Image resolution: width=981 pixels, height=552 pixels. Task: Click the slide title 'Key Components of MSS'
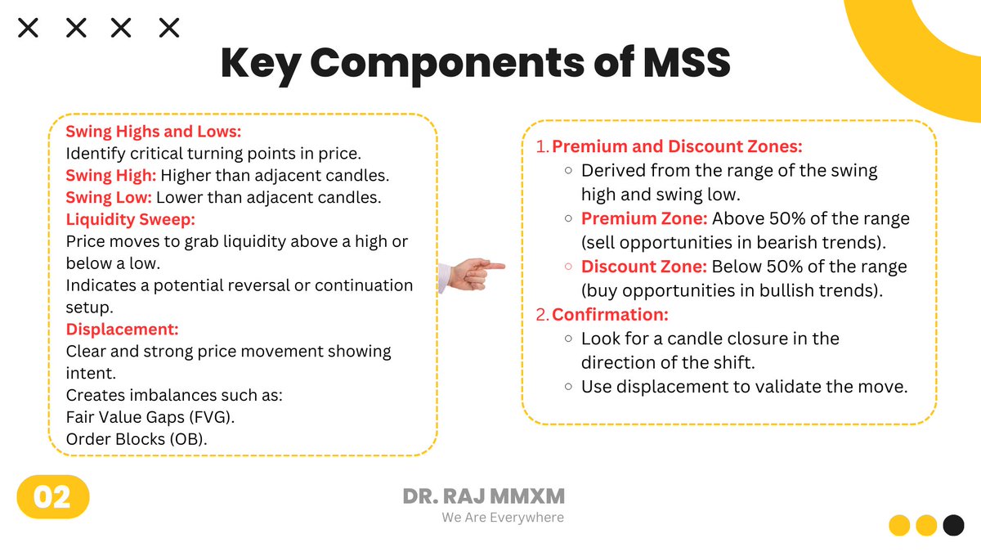point(475,63)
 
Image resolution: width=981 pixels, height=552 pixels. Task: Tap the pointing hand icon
point(472,272)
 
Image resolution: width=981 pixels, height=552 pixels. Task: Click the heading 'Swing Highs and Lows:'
point(154,132)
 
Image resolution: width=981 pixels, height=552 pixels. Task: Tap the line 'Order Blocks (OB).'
point(137,439)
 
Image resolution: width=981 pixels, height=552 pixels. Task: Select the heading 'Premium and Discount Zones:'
point(678,147)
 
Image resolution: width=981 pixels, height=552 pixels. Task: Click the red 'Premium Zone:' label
point(644,219)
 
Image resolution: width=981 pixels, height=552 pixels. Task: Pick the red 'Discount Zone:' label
point(644,267)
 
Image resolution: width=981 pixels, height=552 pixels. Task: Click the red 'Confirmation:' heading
point(611,314)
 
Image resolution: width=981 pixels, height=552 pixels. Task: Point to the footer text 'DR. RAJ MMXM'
point(484,496)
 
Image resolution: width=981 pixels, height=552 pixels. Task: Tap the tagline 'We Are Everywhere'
point(503,518)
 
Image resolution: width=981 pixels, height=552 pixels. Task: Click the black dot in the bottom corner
point(953,524)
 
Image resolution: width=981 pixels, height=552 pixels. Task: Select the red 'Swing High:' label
point(111,176)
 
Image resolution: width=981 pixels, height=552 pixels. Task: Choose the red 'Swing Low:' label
point(109,198)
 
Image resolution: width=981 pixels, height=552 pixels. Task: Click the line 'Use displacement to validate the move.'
point(745,387)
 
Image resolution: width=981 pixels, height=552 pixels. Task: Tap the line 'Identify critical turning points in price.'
point(213,154)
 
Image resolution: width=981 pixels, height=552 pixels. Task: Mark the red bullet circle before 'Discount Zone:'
point(568,267)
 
